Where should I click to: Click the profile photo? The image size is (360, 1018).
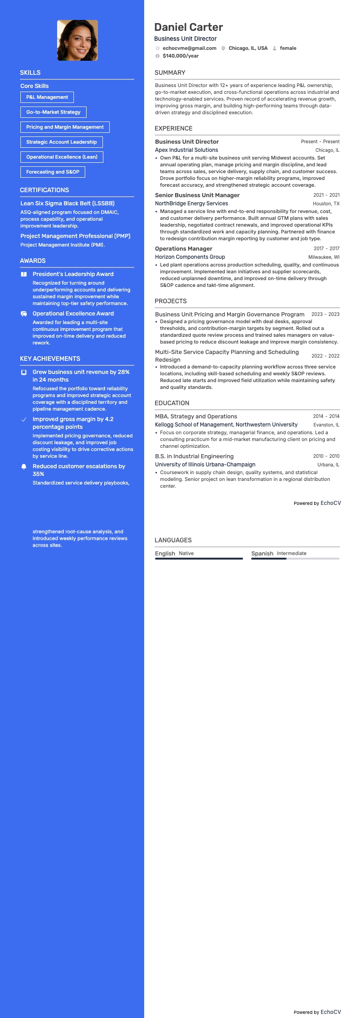(x=78, y=40)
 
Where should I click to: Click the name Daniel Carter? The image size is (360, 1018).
(x=188, y=27)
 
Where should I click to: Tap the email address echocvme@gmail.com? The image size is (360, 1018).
(x=189, y=48)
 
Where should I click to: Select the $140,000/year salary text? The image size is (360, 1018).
(x=180, y=56)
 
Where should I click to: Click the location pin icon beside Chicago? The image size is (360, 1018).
(x=223, y=48)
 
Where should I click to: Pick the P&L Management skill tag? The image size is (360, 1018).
(x=47, y=97)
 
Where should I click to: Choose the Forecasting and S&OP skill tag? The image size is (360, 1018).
(x=53, y=172)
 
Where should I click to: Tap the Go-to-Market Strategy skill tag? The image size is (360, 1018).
(x=53, y=112)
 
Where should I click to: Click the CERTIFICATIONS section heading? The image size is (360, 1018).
(x=44, y=190)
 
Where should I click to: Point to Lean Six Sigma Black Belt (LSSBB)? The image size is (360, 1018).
(x=67, y=204)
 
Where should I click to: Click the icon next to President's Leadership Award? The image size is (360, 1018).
(x=24, y=274)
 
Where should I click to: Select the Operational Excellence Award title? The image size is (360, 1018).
(x=73, y=314)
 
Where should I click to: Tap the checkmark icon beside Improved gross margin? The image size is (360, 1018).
(x=24, y=419)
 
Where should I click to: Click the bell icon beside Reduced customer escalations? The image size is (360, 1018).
(x=24, y=466)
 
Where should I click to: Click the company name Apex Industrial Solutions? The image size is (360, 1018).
(x=186, y=150)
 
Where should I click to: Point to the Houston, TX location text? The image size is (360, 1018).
(x=326, y=204)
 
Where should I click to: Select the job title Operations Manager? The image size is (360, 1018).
(x=183, y=249)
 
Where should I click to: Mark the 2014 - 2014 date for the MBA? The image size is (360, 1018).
(x=326, y=416)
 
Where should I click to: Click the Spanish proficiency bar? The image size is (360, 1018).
(x=295, y=558)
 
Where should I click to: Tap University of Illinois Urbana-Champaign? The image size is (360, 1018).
(x=205, y=465)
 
